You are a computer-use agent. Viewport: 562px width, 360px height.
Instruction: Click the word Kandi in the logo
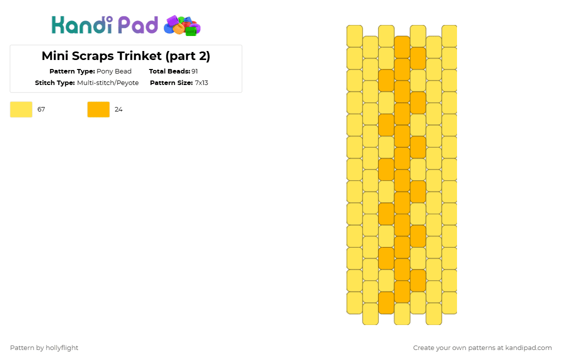82,24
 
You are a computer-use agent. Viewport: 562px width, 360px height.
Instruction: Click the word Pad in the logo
138,24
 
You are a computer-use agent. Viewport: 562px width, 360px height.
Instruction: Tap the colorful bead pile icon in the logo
182,25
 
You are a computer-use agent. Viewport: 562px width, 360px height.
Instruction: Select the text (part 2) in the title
188,56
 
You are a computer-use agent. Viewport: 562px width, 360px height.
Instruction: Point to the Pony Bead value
114,71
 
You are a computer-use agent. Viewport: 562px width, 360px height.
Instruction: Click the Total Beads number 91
194,71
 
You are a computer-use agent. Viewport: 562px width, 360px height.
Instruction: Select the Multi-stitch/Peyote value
108,83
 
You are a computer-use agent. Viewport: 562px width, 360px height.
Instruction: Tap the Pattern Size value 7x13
201,83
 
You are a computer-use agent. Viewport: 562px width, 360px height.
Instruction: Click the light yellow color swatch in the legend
21,109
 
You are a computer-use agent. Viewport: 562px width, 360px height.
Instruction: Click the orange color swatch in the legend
98,109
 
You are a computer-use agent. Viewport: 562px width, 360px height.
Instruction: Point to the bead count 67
41,109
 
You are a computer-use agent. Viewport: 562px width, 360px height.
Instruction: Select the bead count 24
118,109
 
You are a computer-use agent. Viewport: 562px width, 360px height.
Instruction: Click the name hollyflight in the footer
62,348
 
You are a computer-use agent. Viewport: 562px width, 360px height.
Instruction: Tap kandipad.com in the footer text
528,348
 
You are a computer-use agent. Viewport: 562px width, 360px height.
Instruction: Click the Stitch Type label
55,83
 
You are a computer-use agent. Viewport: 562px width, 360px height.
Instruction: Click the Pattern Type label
72,71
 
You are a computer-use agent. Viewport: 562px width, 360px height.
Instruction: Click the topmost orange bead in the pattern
402,47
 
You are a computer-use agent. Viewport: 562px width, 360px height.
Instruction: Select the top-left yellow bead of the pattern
355,36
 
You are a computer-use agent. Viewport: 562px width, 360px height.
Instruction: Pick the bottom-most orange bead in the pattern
386,303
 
